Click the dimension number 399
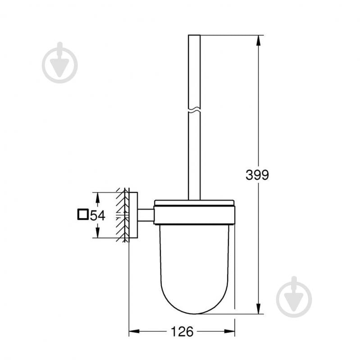[x=257, y=175]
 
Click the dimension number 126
[x=182, y=332]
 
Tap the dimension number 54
[x=98, y=215]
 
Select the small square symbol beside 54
[x=82, y=214]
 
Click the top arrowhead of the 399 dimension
[x=258, y=40]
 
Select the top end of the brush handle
[x=194, y=36]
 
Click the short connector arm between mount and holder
[x=146, y=215]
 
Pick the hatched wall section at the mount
[x=122, y=215]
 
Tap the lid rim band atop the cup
[x=194, y=208]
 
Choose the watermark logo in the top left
[x=59, y=64]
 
